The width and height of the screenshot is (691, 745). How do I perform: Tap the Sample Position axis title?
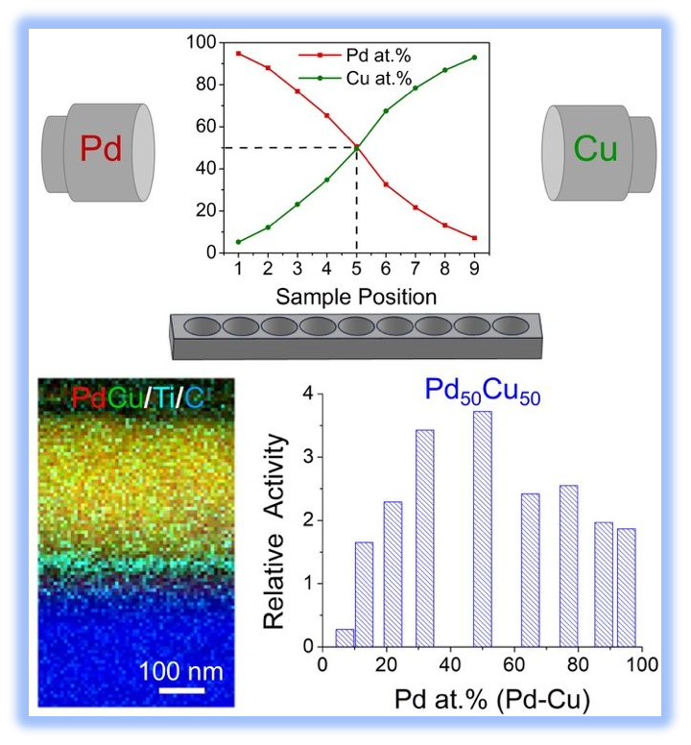click(356, 296)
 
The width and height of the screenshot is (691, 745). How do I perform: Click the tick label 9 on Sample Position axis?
click(474, 270)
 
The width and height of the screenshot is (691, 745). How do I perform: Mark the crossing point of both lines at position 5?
click(356, 147)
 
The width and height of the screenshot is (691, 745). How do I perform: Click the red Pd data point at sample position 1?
click(238, 54)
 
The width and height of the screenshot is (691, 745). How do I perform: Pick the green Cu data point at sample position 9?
click(474, 58)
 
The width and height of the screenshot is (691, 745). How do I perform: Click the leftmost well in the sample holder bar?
click(202, 326)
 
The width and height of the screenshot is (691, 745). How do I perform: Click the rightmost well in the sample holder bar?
click(510, 326)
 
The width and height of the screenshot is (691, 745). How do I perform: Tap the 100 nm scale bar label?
click(180, 669)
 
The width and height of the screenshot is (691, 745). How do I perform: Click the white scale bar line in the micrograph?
click(180, 688)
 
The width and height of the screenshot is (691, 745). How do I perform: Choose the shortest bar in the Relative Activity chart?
click(344, 637)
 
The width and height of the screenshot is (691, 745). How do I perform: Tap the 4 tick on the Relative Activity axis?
click(308, 394)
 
